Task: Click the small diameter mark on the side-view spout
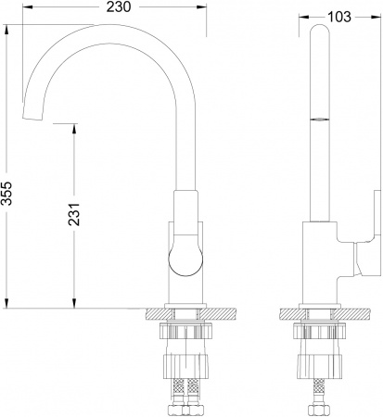(x=318, y=119)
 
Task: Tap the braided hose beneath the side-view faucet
(x=318, y=399)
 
